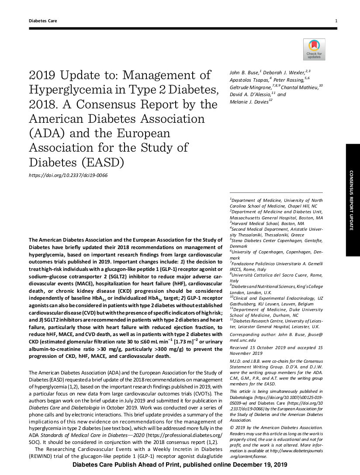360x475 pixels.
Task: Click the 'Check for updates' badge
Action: tap(314, 49)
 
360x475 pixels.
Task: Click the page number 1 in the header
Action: tap(336, 21)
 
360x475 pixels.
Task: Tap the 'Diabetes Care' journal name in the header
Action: tap(43, 21)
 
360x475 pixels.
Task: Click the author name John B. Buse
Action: tap(245, 72)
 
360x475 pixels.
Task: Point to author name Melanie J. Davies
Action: tap(251, 102)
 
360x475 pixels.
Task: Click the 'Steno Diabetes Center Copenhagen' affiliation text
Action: tap(266, 240)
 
